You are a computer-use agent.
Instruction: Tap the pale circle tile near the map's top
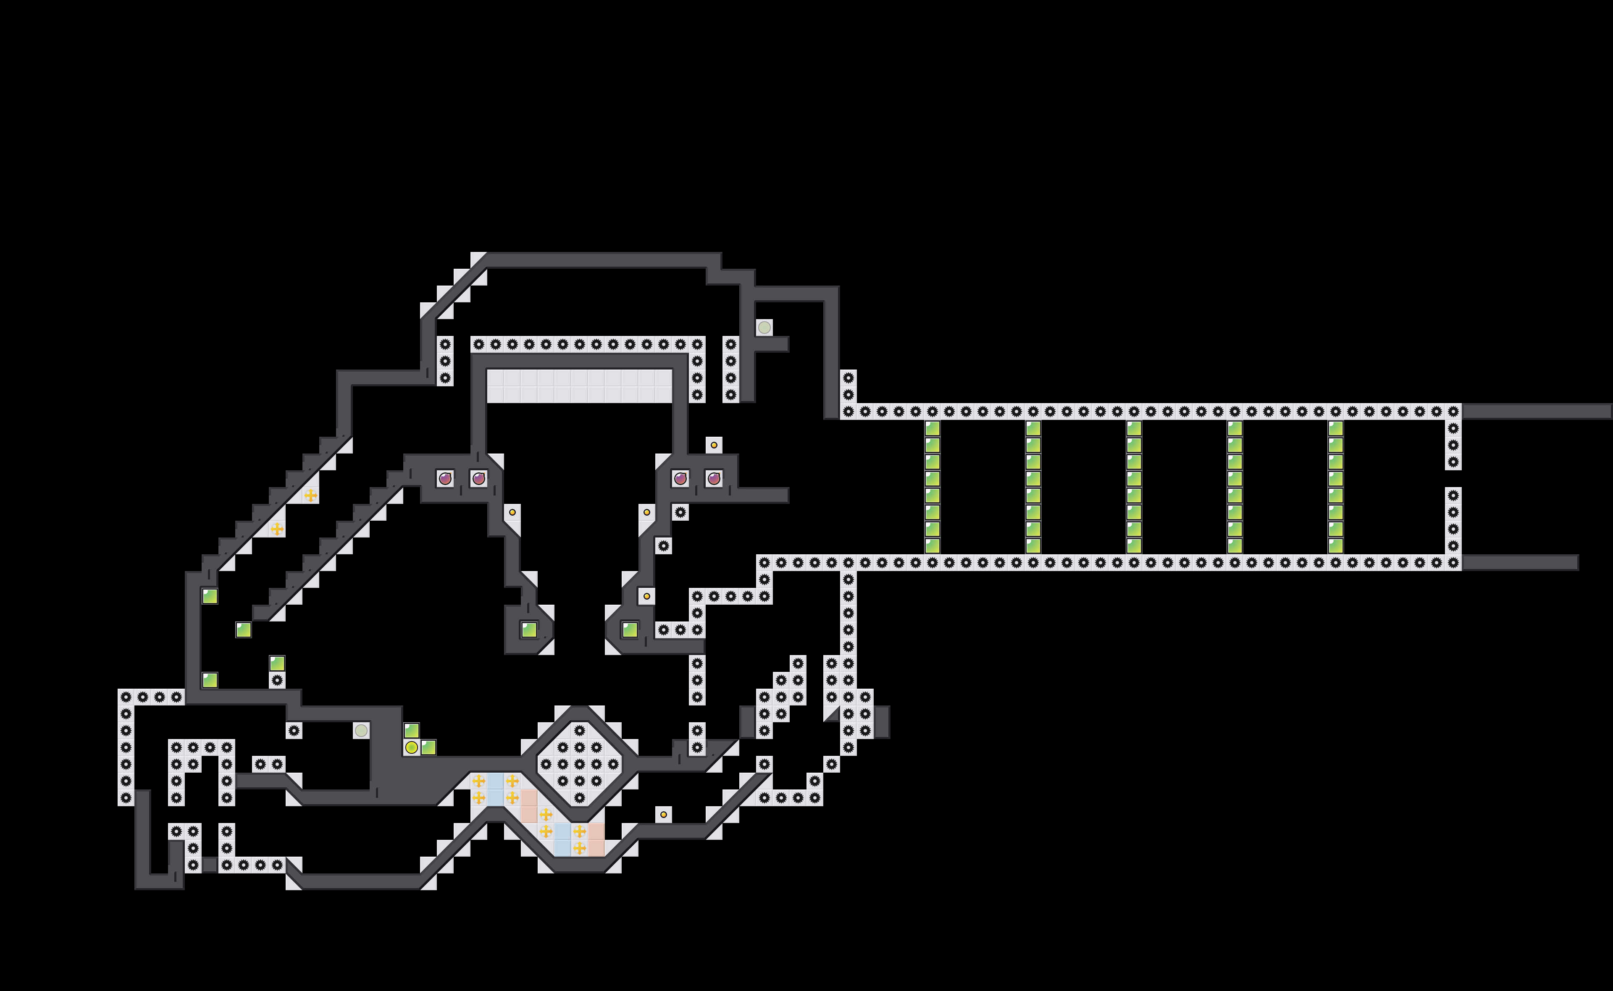764,327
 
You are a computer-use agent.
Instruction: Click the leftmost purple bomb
445,478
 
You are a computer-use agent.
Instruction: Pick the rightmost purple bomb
714,478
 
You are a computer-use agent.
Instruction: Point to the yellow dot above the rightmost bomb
714,445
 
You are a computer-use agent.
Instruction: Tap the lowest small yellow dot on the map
663,815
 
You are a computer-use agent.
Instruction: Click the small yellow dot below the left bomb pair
512,512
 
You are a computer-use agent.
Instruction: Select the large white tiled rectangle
579,385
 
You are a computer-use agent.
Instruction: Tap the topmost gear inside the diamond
579,730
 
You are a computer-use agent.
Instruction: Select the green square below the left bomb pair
529,630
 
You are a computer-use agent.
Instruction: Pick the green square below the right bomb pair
630,630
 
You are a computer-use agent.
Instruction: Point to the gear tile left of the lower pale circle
294,730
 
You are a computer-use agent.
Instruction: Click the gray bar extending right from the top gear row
1536,412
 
